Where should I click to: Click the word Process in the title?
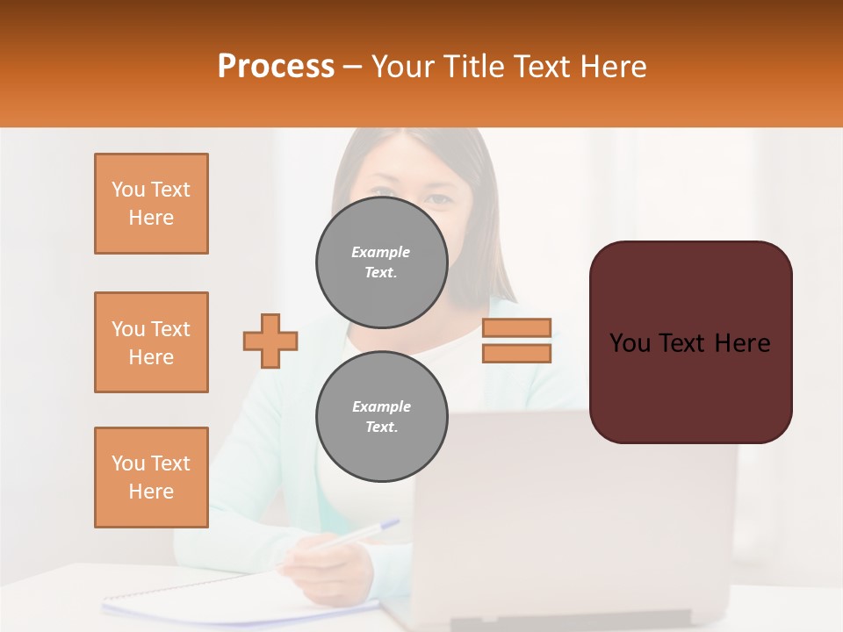pyautogui.click(x=276, y=67)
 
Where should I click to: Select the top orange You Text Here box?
pyautogui.click(x=151, y=204)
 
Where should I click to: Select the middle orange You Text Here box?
pyautogui.click(x=151, y=342)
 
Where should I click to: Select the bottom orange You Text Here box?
pyautogui.click(x=151, y=478)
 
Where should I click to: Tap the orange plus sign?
pyautogui.click(x=270, y=341)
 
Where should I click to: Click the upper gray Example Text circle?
pyautogui.click(x=382, y=262)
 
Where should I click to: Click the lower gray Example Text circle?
pyautogui.click(x=382, y=417)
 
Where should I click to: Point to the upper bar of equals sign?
pyautogui.click(x=517, y=327)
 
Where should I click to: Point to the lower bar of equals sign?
pyautogui.click(x=517, y=353)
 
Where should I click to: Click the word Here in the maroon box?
pyautogui.click(x=742, y=343)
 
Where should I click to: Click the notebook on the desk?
pyautogui.click(x=220, y=597)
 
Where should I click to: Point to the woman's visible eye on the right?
pyautogui.click(x=436, y=197)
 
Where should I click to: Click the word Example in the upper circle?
pyautogui.click(x=381, y=252)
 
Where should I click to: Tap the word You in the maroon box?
pyautogui.click(x=630, y=343)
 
